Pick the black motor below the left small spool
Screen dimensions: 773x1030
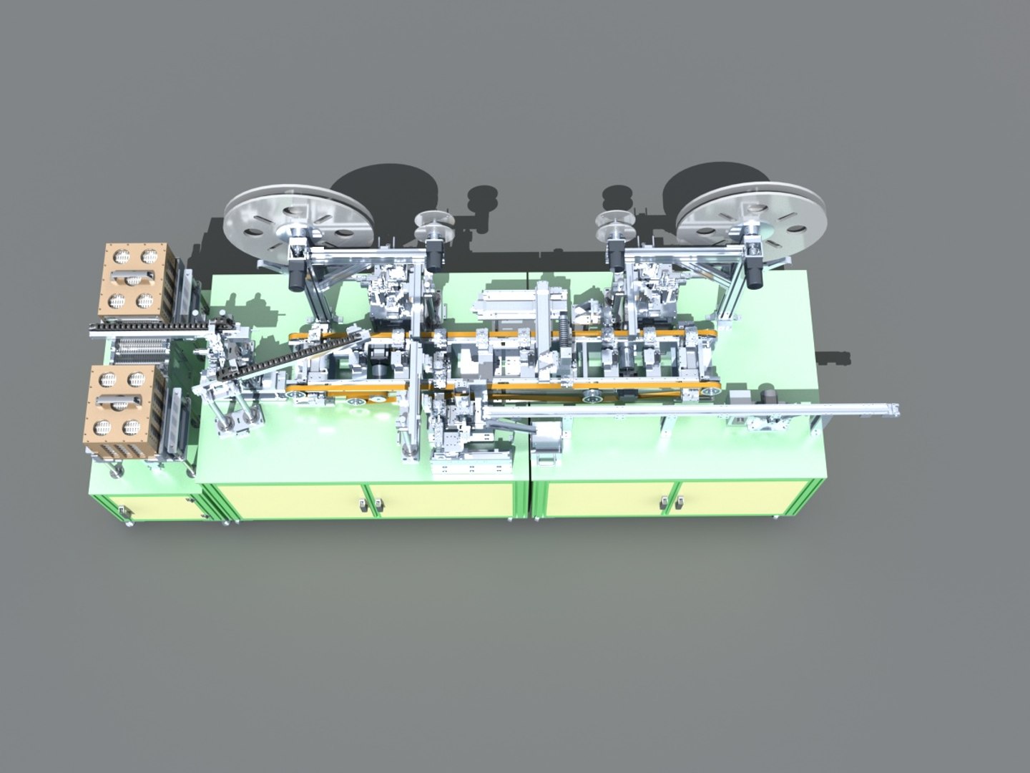pos(433,255)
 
